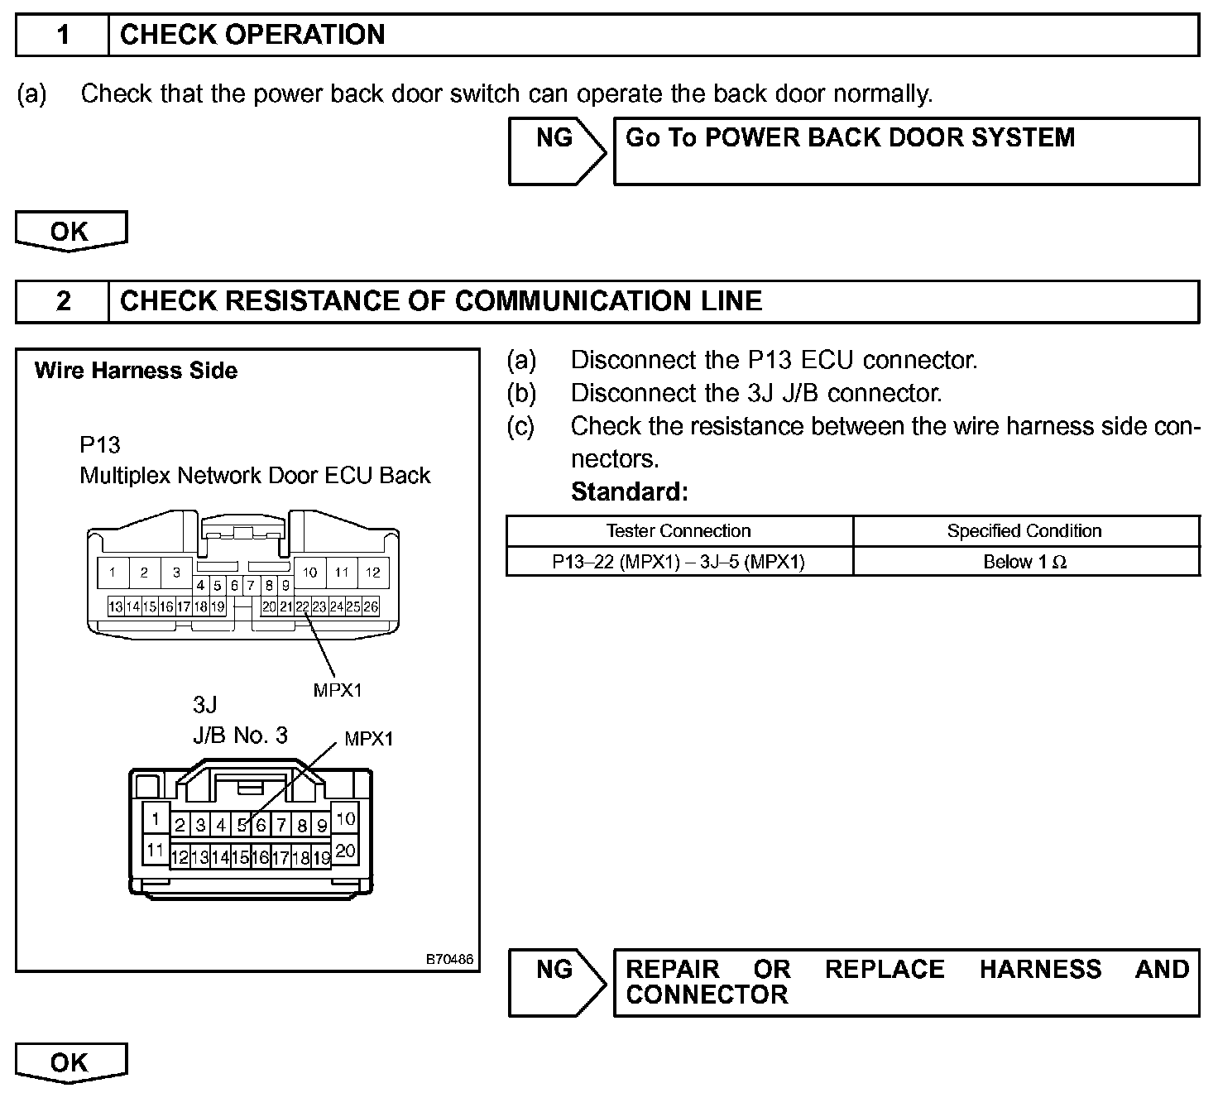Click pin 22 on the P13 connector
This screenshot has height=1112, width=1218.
[x=303, y=606]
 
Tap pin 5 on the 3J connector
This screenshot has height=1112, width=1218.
[x=242, y=825]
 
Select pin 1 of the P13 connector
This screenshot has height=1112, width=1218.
[x=113, y=572]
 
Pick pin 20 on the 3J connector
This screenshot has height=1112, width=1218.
[x=346, y=850]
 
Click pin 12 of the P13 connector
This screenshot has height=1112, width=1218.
[x=373, y=572]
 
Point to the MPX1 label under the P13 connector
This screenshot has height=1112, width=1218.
[x=338, y=689]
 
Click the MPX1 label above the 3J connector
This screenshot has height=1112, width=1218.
[x=369, y=739]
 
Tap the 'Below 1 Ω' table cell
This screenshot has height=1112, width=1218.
[x=1025, y=562]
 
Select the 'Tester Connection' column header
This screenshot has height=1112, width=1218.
[x=679, y=531]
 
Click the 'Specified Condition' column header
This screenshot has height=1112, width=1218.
[x=1024, y=531]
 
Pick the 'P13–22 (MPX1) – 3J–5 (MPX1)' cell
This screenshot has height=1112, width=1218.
[x=679, y=562]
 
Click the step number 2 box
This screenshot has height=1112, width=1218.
[x=63, y=301]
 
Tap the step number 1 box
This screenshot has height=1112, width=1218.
[x=63, y=35]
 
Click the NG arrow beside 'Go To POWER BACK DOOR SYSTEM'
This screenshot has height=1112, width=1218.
[x=556, y=151]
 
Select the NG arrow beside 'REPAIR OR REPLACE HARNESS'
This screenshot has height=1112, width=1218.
[x=556, y=982]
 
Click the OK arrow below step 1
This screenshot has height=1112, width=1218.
[x=71, y=231]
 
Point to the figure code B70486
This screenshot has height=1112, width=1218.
[x=449, y=959]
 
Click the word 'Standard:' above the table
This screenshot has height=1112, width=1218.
[x=630, y=492]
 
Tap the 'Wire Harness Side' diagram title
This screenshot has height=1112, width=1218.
[x=136, y=371]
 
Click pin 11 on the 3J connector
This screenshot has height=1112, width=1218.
[x=155, y=850]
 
